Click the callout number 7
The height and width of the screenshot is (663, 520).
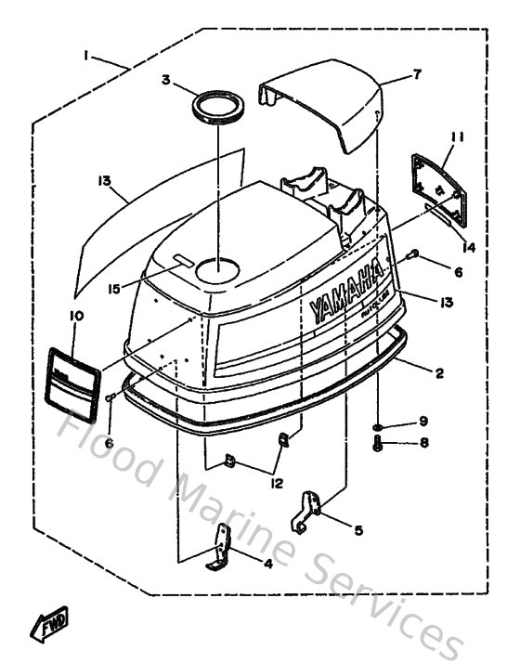point(418,74)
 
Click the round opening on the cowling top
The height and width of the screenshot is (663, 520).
point(217,269)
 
